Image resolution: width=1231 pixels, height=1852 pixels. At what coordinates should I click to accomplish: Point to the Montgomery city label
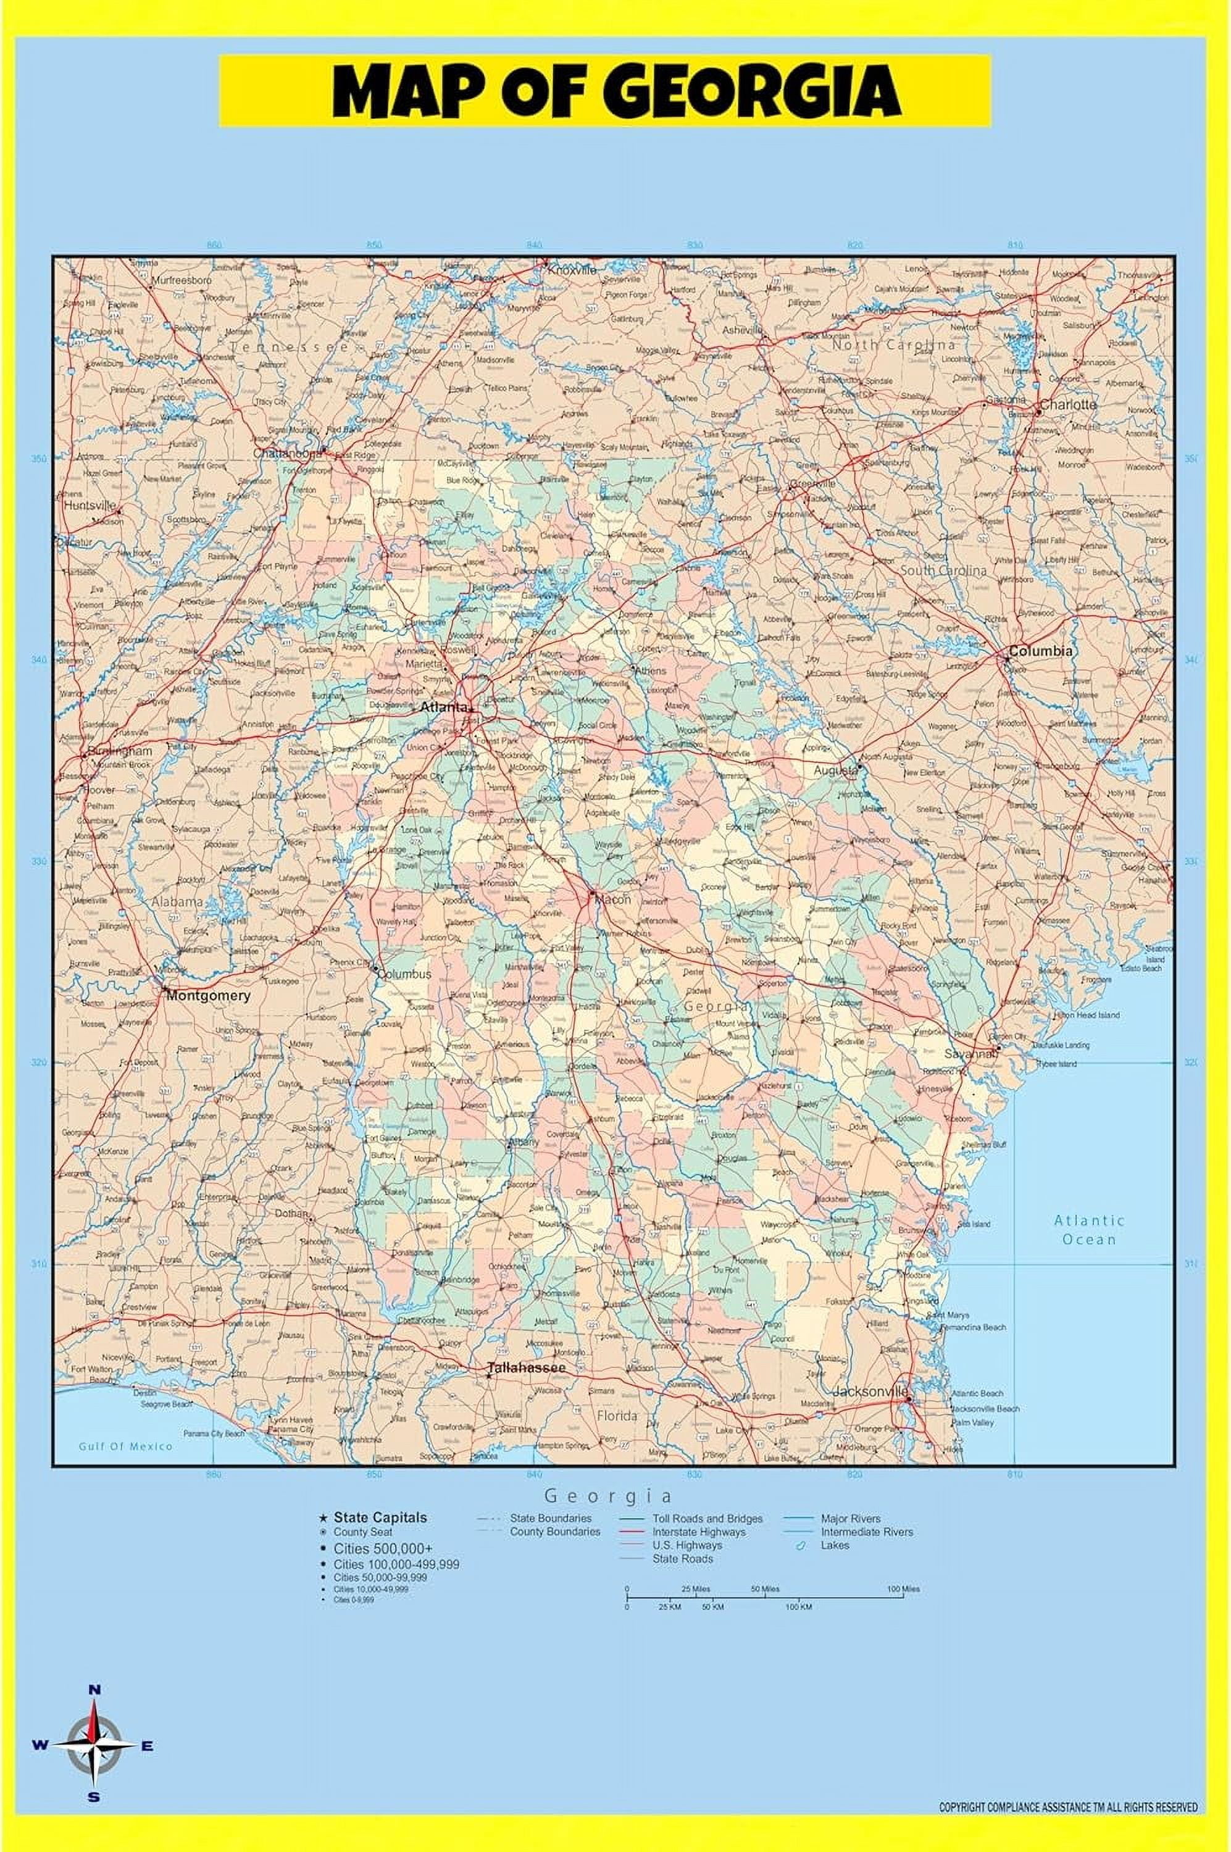(x=208, y=996)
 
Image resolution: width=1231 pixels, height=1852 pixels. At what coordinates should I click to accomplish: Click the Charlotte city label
(x=1067, y=404)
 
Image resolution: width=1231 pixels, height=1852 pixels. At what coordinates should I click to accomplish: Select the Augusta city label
(x=835, y=770)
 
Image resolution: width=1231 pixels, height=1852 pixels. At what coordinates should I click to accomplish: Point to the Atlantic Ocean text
(x=1089, y=1230)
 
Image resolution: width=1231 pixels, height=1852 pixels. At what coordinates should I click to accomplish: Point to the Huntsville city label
(x=90, y=506)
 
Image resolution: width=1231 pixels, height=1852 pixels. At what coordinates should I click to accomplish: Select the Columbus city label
(x=405, y=974)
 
